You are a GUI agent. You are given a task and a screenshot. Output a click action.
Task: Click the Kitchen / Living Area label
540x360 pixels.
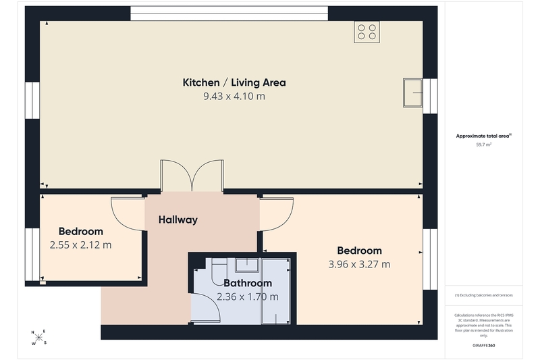[x=234, y=82]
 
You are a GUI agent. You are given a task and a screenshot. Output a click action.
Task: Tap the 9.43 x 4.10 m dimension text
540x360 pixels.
[x=234, y=97]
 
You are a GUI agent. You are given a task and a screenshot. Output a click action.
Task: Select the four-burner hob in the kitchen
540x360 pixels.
[x=367, y=32]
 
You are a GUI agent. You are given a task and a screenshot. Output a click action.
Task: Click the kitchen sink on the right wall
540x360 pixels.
[x=412, y=93]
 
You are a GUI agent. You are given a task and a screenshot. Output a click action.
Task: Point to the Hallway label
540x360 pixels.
[x=178, y=220]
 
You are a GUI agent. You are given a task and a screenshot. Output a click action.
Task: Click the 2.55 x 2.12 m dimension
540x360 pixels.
[x=80, y=245]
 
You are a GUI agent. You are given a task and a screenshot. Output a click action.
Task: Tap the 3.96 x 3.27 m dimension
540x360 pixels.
[x=359, y=264]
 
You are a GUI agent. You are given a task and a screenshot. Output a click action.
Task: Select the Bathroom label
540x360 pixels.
[x=248, y=283]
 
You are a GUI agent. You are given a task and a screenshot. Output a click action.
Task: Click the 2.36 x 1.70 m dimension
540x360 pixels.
[x=248, y=297]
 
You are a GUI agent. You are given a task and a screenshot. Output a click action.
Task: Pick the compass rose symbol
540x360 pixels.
[x=39, y=338]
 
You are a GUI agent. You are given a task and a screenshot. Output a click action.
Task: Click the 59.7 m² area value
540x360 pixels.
[x=483, y=145]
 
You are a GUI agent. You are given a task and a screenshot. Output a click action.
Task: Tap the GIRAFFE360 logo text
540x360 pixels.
[x=483, y=346]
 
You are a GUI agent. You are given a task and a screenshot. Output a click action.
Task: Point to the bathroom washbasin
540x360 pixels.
[x=247, y=265]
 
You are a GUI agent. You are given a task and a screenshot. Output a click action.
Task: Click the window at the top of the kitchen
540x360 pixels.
[x=229, y=14]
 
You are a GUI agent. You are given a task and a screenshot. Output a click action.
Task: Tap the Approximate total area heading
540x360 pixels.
[x=483, y=136]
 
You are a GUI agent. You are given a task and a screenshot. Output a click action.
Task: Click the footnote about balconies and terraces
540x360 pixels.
[x=483, y=295]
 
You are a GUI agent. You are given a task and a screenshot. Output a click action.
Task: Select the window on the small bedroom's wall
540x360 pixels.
[x=32, y=255]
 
